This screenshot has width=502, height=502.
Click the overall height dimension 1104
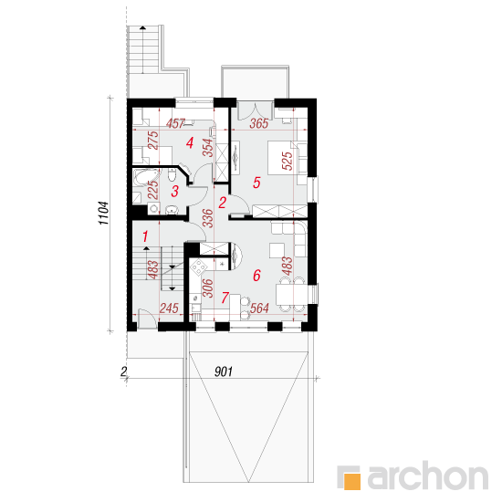point(104,214)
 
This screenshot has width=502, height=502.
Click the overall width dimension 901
point(223,371)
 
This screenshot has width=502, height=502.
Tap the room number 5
point(256,183)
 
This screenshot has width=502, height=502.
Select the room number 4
point(190,142)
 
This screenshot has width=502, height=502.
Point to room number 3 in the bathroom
point(174,192)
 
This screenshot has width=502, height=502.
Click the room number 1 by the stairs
point(145,236)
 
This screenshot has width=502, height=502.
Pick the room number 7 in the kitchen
point(225,298)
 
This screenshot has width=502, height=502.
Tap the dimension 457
point(176,123)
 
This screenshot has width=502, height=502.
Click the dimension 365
point(258,123)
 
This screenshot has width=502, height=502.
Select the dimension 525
point(288,161)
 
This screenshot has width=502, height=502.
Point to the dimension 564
point(259,308)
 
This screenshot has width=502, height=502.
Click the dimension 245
point(169,308)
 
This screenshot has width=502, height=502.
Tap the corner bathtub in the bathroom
point(147,178)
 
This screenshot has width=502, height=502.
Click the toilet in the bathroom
point(172,175)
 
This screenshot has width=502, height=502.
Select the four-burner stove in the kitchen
point(199,267)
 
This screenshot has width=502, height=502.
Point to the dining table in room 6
point(290,295)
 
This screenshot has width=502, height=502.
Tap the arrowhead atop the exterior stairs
point(142,28)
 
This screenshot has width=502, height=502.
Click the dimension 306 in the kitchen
point(208,288)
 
